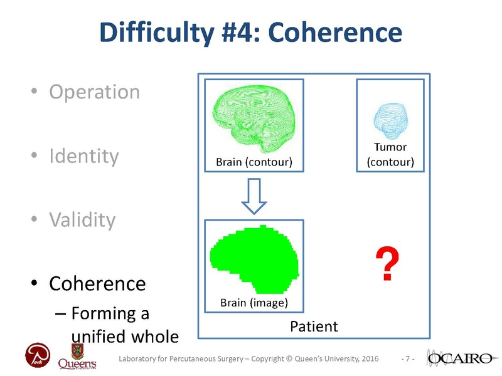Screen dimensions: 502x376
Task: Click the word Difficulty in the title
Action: coord(156,33)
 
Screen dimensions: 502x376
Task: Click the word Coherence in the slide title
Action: coord(335,33)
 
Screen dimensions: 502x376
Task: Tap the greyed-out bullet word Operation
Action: coord(95,92)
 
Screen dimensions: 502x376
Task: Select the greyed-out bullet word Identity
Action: coord(84,156)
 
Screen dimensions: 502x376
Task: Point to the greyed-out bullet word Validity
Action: coord(82,220)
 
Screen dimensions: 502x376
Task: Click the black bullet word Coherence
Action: coord(97,284)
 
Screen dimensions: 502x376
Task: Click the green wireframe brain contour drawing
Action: coord(254,118)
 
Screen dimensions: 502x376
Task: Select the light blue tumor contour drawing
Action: coord(390,121)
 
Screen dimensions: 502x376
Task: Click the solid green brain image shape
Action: coord(255,259)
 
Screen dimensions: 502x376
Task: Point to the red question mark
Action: coord(387,263)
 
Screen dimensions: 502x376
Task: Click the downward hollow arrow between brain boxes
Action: coord(254,196)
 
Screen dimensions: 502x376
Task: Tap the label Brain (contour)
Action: coord(254,162)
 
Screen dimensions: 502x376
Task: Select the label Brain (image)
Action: coord(254,303)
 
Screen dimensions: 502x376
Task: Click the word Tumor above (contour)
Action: coord(390,147)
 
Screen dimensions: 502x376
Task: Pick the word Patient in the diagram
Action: coord(314,326)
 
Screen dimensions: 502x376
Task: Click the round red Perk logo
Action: coord(38,355)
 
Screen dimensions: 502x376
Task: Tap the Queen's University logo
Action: coord(77,357)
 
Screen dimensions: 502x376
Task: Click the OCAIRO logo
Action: coord(461,358)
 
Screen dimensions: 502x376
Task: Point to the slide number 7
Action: coord(407,358)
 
